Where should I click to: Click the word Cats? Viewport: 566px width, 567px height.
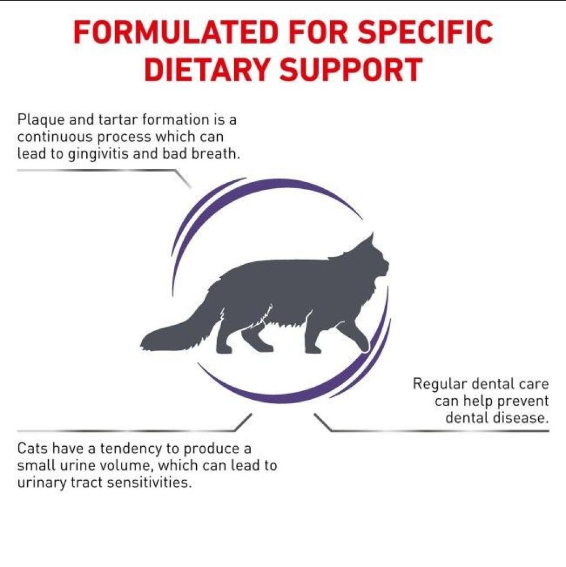32,448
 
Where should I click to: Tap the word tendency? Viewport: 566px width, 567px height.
129,449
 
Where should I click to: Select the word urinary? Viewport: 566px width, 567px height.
39,483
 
